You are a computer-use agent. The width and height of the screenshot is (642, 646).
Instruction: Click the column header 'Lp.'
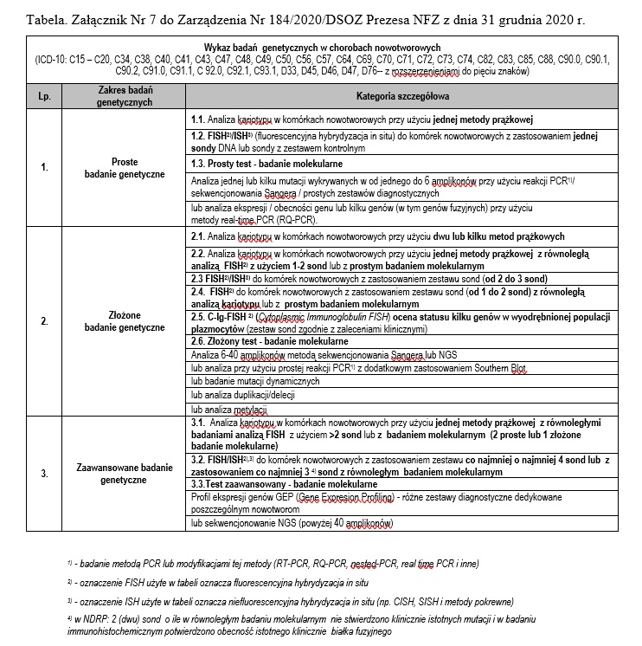coord(45,96)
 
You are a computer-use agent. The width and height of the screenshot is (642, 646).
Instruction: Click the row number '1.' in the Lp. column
coord(45,168)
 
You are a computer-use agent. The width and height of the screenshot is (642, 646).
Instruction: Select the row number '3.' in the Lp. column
coord(45,475)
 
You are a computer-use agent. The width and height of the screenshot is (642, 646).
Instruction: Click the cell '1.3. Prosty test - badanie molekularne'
coord(266,164)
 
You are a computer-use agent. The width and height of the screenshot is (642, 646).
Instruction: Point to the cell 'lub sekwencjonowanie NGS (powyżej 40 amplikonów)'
coord(292,524)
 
